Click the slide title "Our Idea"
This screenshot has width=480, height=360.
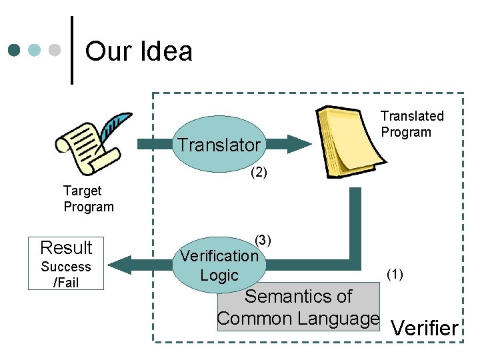pos(139,51)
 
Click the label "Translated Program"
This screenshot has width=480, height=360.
pos(412,124)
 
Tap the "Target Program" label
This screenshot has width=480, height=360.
pos(89,199)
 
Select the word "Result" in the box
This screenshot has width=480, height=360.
pos(66,248)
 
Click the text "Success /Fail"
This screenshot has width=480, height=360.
pos(66,275)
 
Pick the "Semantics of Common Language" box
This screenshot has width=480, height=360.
pos(298,308)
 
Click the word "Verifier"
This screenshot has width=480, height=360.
pos(425,328)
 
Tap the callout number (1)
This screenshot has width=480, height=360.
pos(395,273)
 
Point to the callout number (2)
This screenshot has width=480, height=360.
pos(259,173)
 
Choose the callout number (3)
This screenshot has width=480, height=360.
pos(263,240)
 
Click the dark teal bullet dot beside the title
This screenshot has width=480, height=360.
pos(14,50)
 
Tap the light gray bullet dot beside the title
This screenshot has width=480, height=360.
pos(55,50)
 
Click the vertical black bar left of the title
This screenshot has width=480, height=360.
pos(72,50)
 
